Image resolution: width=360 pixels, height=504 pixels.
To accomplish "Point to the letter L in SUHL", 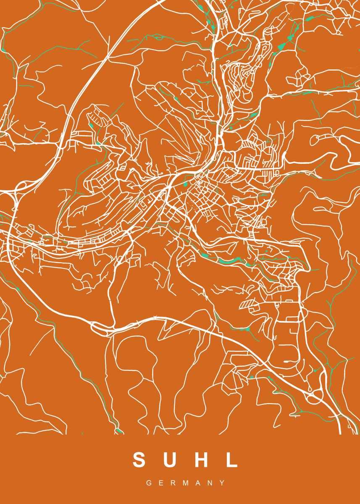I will tap(231, 460).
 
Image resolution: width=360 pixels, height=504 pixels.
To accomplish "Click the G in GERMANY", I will tap(148, 483).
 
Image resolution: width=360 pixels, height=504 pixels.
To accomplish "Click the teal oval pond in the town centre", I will tap(185, 184).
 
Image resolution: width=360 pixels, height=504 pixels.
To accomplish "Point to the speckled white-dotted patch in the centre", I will tap(191, 206).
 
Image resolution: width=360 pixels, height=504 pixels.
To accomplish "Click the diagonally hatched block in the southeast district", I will tap(248, 304).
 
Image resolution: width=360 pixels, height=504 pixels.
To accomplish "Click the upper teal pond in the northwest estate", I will tap(91, 125).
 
